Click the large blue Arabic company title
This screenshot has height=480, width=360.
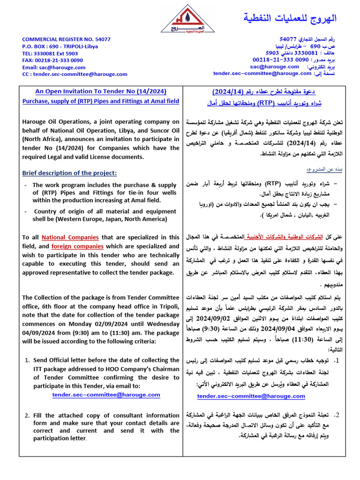click(x=290, y=18)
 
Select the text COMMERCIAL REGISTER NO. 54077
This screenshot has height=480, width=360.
click(x=66, y=39)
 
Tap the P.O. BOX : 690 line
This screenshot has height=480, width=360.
click(x=60, y=46)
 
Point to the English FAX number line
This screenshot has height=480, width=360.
click(x=52, y=60)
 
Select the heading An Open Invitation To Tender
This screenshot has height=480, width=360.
click(x=101, y=92)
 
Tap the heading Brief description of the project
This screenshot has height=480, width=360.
click(x=69, y=173)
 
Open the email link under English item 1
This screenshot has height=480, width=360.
click(x=106, y=395)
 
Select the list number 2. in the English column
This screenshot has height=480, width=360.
click(x=27, y=415)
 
